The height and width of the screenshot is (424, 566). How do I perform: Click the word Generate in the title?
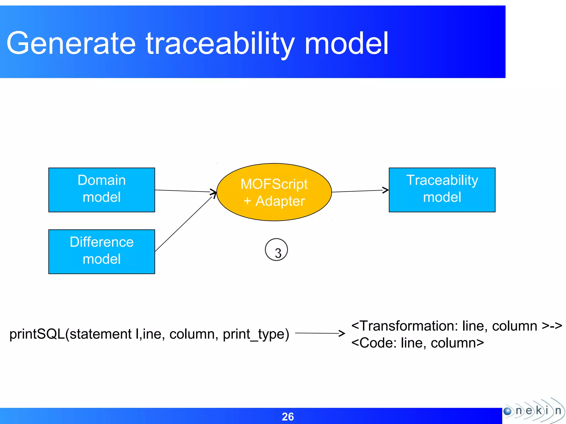tap(71, 44)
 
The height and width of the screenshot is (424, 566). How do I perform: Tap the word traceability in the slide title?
tap(220, 44)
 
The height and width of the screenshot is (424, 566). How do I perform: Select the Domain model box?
tap(101, 190)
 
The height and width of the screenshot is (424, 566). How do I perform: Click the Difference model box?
tap(101, 251)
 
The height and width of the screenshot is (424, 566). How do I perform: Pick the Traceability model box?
tap(442, 190)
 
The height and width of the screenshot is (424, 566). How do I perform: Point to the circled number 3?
tap(276, 250)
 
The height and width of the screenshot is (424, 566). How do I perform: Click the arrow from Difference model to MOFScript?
tap(184, 224)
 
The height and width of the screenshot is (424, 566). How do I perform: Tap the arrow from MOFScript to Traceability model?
tap(359, 191)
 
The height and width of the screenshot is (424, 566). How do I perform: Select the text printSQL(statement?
tap(70, 334)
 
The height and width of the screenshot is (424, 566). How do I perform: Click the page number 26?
tap(288, 417)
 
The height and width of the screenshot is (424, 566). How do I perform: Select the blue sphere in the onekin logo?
tap(508, 411)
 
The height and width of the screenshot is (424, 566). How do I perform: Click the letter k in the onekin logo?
tap(539, 410)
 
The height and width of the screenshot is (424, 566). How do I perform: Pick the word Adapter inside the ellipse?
tap(280, 201)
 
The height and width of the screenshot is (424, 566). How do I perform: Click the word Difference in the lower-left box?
tap(101, 242)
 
